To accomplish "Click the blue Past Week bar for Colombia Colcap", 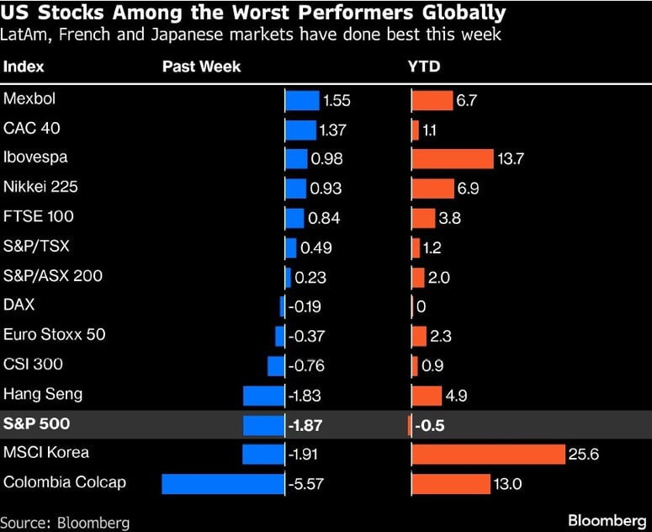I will (223, 484).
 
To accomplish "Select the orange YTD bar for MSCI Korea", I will (488, 455).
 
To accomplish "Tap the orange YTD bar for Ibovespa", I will (453, 159).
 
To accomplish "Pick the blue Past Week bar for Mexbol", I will (303, 101).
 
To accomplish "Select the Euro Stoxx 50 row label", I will (55, 334).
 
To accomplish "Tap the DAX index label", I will (19, 305).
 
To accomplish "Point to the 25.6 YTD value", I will (583, 455).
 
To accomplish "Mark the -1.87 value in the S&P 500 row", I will (305, 425).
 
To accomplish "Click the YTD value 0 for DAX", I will (421, 306).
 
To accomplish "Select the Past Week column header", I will (201, 66).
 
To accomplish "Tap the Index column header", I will (24, 66).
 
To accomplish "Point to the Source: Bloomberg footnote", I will (65, 523).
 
